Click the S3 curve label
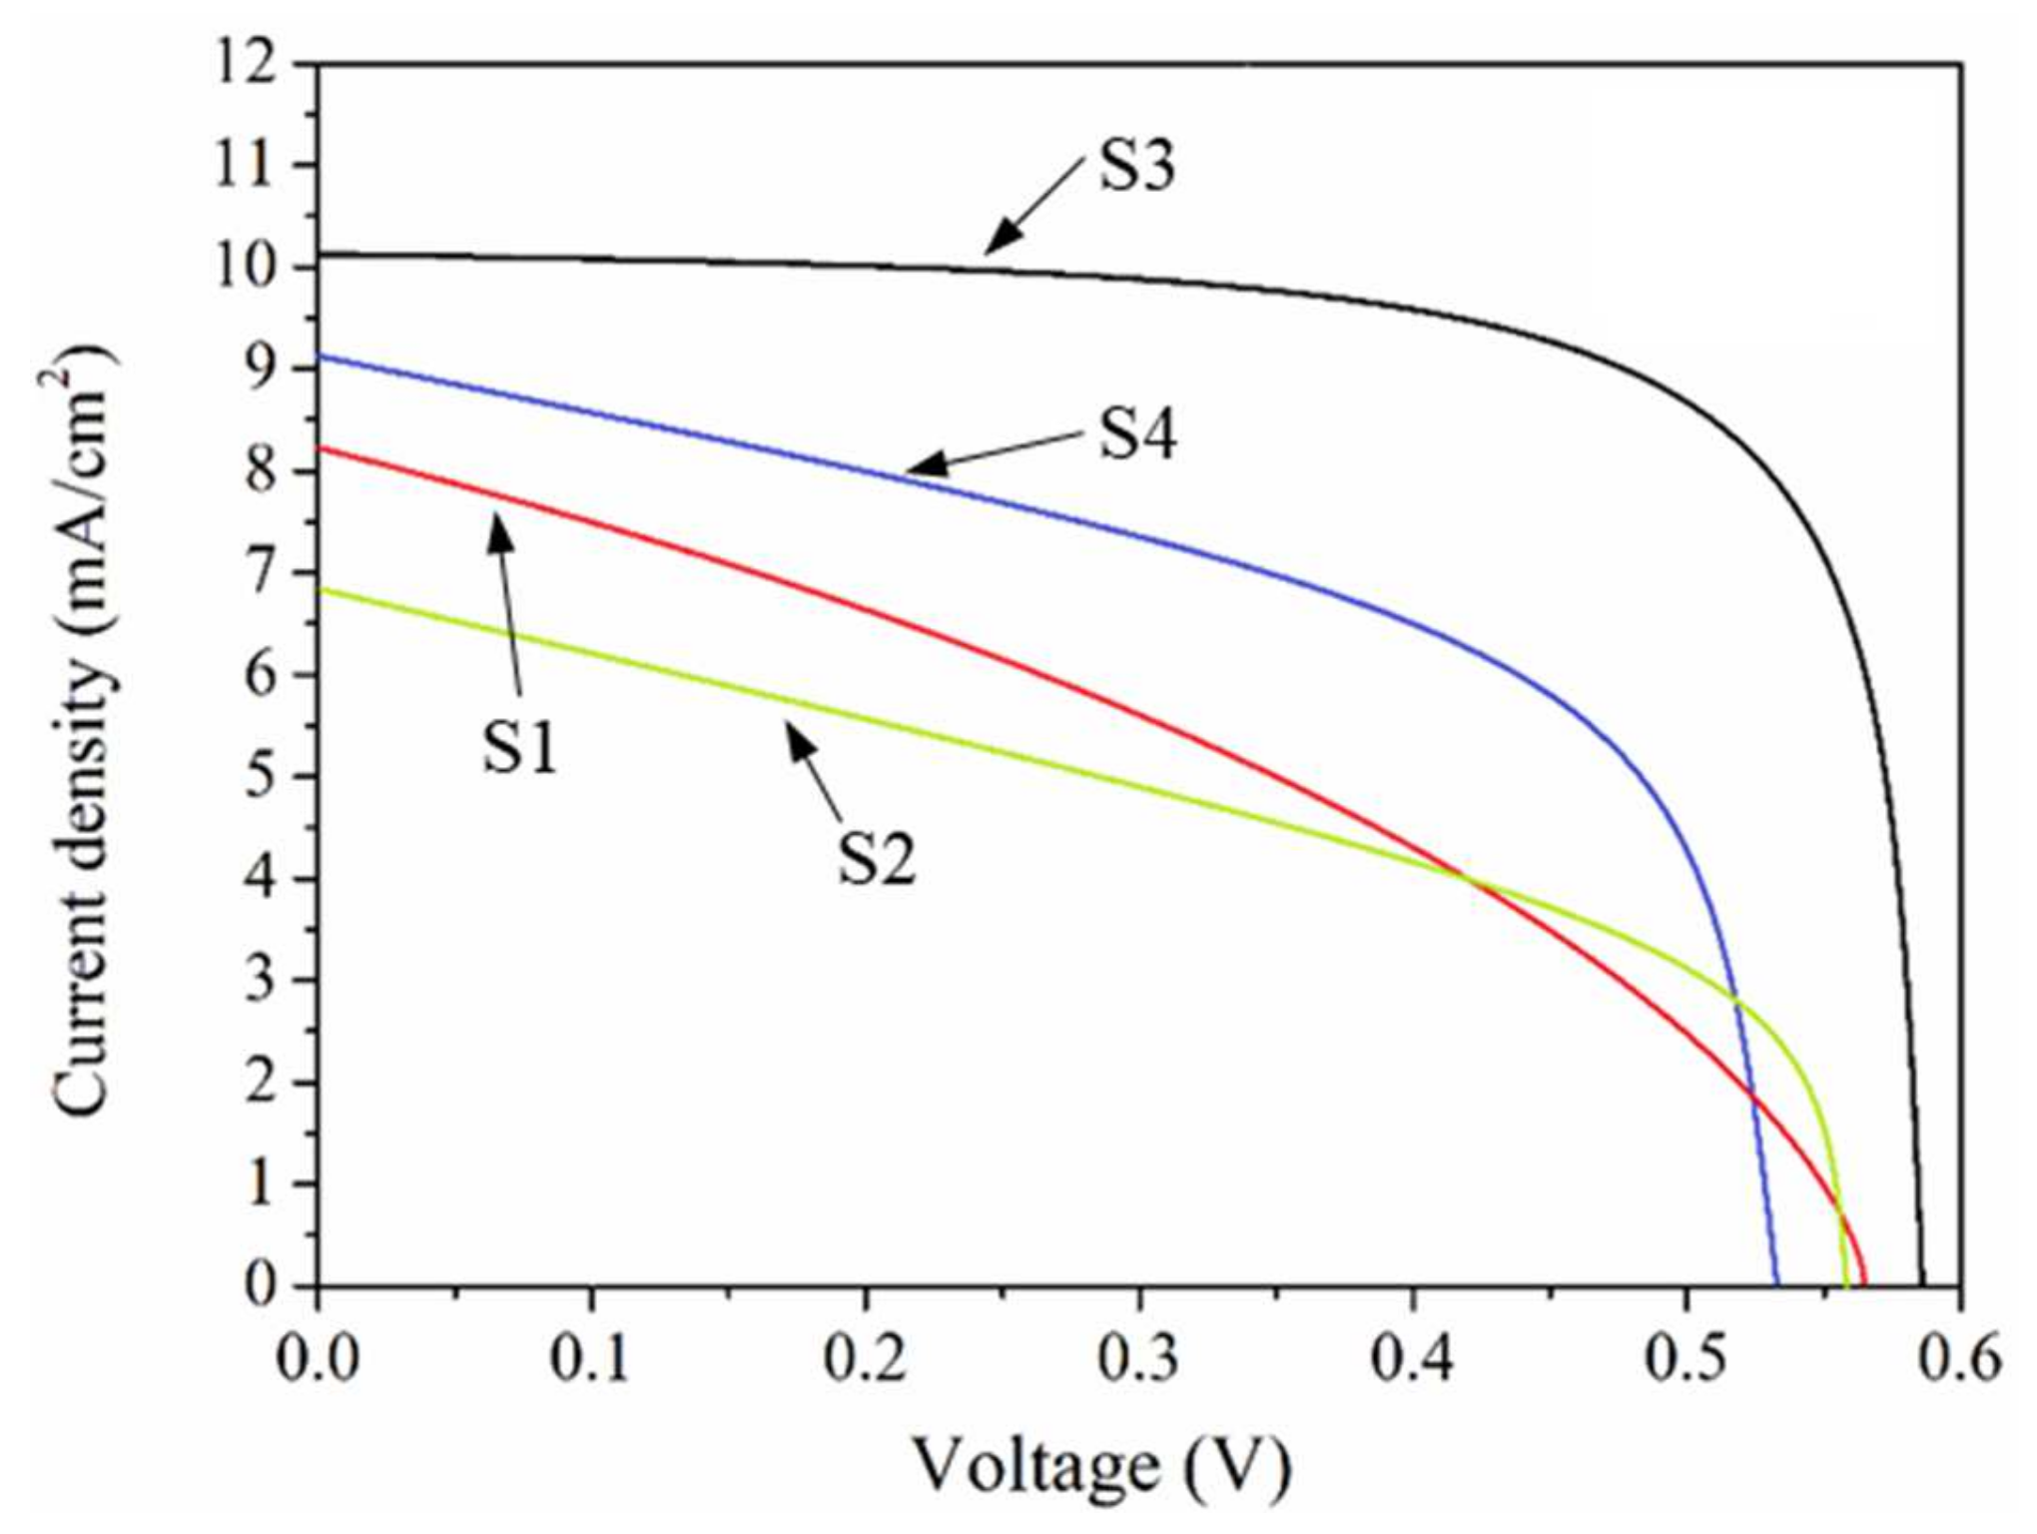click(x=1136, y=166)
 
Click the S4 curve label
click(x=1138, y=434)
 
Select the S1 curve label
click(x=519, y=747)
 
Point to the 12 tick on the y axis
click(x=245, y=64)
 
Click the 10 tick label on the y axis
click(x=245, y=268)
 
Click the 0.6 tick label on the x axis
click(x=1960, y=1360)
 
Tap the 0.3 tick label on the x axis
click(x=1138, y=1360)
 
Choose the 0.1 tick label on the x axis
click(x=591, y=1360)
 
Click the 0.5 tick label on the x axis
click(x=1687, y=1360)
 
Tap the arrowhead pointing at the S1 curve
click(x=497, y=525)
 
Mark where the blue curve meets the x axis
click(x=1776, y=1284)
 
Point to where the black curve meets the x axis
click(x=1922, y=1284)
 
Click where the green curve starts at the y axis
click(x=318, y=590)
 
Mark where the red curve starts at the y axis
click(x=318, y=447)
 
